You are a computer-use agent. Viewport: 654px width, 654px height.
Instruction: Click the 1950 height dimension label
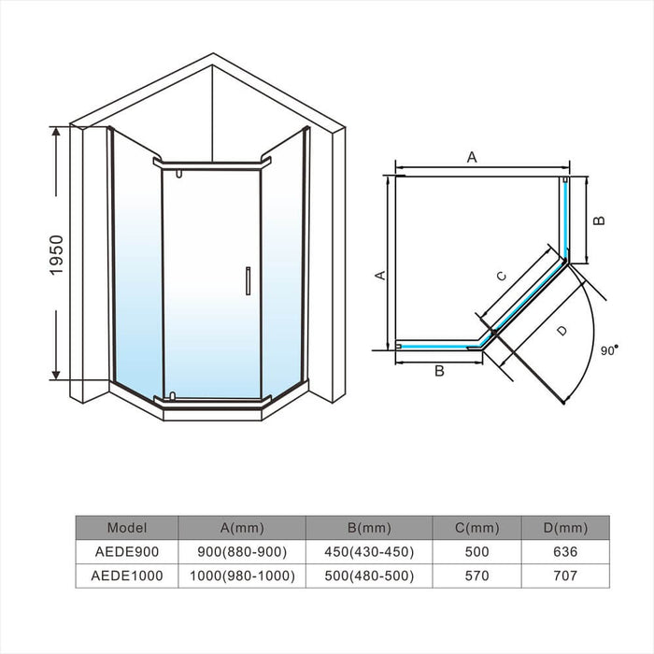coord(57,254)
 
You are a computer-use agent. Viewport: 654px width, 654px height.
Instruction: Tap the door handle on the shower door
coord(248,281)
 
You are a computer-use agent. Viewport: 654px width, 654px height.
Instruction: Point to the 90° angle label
coord(608,350)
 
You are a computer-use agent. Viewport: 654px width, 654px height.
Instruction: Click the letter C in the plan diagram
coord(501,276)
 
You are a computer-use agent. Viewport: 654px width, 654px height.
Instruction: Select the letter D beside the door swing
coord(561,331)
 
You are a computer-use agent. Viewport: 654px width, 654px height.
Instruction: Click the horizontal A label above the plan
coord(472,158)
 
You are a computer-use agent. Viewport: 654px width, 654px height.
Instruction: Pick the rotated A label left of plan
coord(379,274)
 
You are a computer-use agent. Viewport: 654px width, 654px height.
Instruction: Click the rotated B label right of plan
coord(600,220)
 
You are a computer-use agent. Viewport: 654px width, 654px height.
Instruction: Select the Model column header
coord(127,527)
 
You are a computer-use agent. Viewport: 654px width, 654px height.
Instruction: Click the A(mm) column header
coord(241,527)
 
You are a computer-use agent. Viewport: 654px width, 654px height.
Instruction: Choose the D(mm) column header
coord(565,527)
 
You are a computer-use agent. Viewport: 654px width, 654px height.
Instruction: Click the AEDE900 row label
coord(127,551)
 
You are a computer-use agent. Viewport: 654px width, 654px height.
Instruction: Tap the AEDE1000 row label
coord(127,576)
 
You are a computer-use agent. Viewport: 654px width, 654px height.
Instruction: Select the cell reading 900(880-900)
coord(241,551)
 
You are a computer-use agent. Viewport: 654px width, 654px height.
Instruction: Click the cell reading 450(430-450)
coord(368,551)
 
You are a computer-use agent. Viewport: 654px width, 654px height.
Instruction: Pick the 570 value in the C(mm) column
coord(476,576)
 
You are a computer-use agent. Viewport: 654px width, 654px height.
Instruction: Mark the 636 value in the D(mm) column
coord(565,551)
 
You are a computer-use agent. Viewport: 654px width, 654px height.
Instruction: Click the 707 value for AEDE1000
coord(565,576)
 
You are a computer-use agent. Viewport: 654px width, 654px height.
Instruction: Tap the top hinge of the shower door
coord(178,174)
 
